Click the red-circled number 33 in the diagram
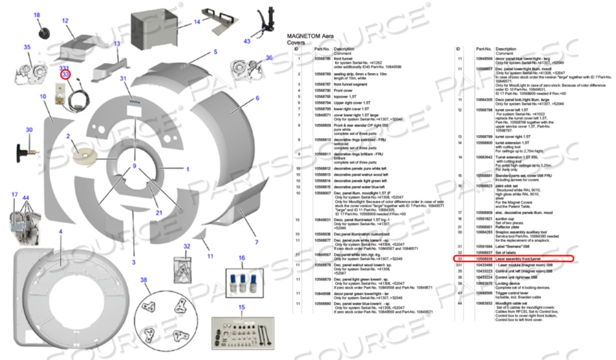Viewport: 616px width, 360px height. point(65,75)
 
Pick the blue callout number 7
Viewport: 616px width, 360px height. point(256,242)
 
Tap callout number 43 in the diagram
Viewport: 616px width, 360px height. point(247,41)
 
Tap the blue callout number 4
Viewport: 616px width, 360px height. point(60,231)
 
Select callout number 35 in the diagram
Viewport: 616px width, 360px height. point(27,47)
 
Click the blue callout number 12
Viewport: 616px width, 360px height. point(65,21)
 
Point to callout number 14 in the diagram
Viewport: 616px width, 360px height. point(197,21)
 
